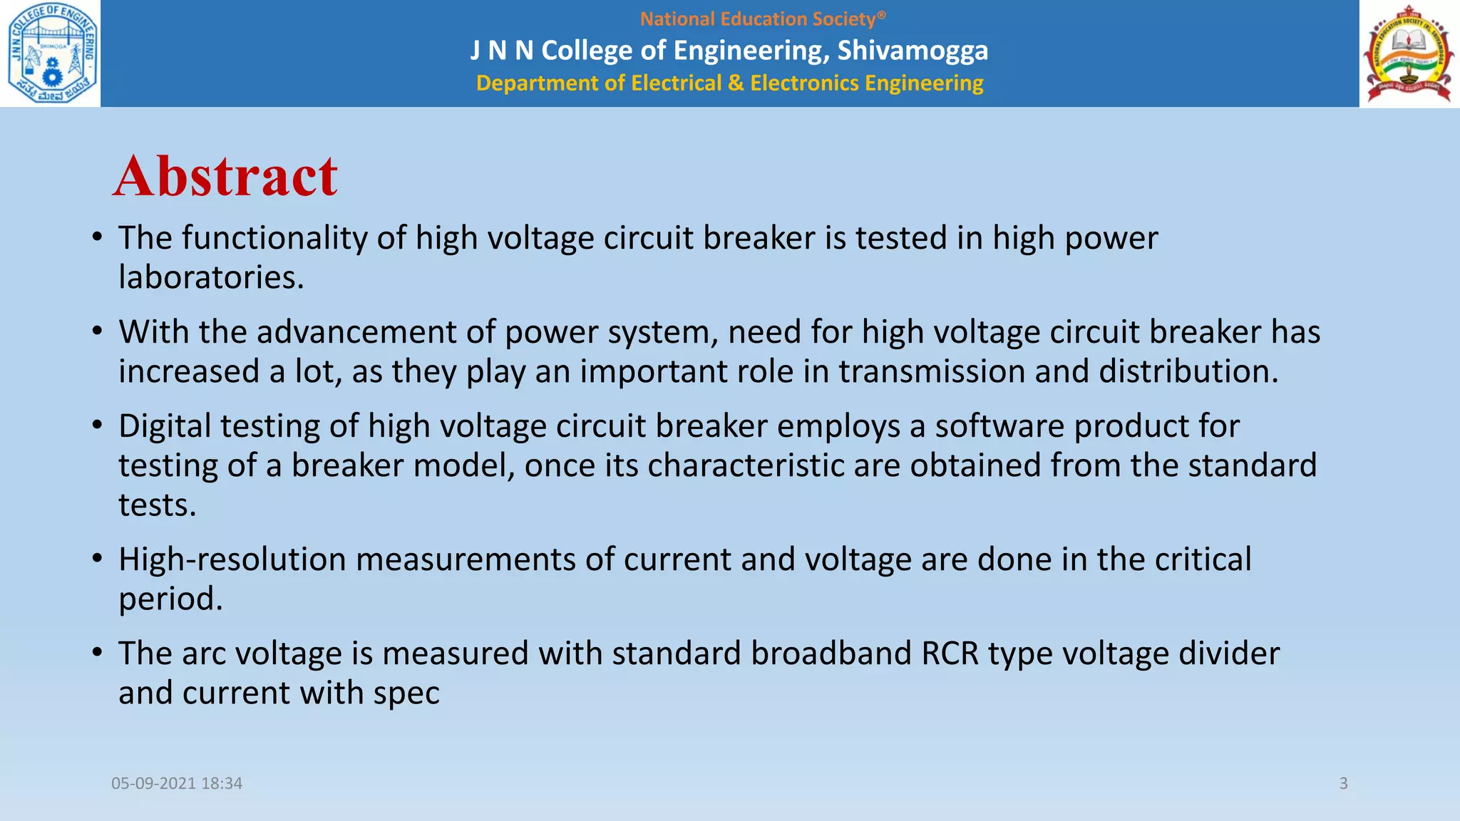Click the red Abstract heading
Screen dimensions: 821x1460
[225, 176]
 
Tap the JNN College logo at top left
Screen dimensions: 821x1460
[51, 53]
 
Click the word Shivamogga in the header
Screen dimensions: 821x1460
[912, 51]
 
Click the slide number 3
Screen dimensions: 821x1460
[1343, 783]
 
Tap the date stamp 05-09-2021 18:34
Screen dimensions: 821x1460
[177, 783]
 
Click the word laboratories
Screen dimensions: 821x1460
[211, 277]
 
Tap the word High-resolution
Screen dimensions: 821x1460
[232, 559]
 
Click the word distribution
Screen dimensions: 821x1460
[1188, 371]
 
